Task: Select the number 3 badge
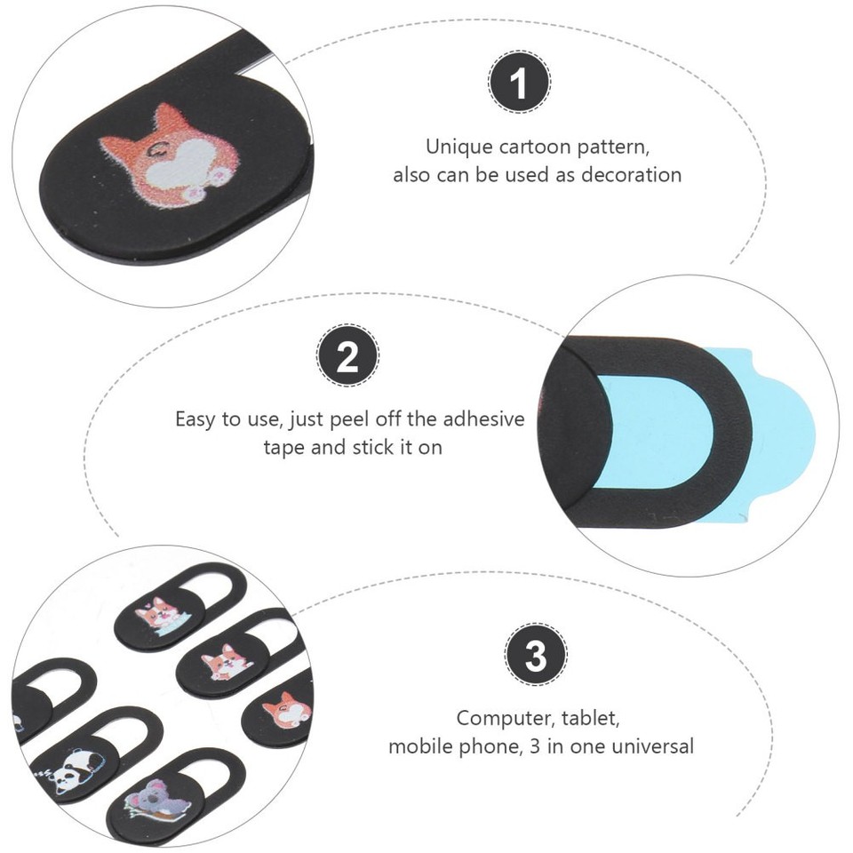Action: click(x=536, y=658)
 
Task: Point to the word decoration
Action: click(x=631, y=174)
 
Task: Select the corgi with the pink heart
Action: click(x=157, y=614)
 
